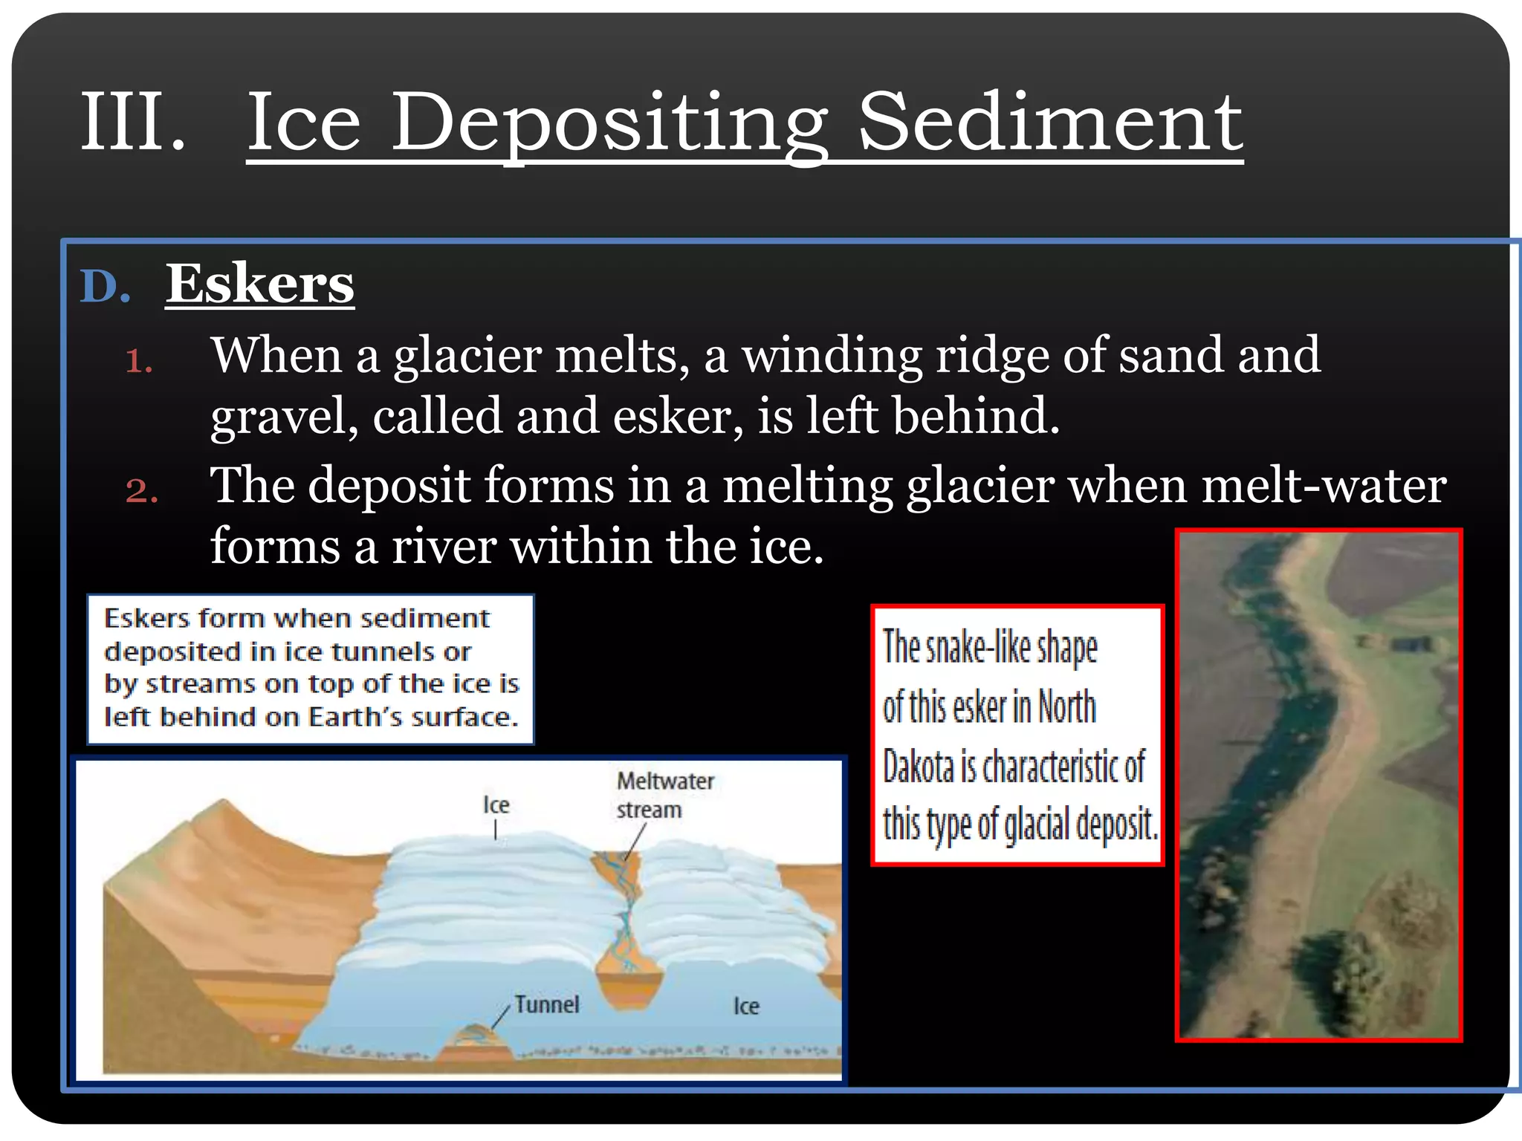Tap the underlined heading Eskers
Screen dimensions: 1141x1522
[x=259, y=284]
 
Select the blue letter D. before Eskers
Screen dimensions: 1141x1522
[x=105, y=287]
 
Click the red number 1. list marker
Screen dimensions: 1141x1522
[x=139, y=363]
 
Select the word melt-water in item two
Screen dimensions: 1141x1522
[x=1323, y=487]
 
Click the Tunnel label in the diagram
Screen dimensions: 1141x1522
[x=546, y=1005]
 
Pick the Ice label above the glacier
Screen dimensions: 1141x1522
[x=496, y=805]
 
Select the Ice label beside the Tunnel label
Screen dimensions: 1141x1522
[x=746, y=1007]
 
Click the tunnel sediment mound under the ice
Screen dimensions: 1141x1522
[x=473, y=1039]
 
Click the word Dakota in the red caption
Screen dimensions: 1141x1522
[x=919, y=767]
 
